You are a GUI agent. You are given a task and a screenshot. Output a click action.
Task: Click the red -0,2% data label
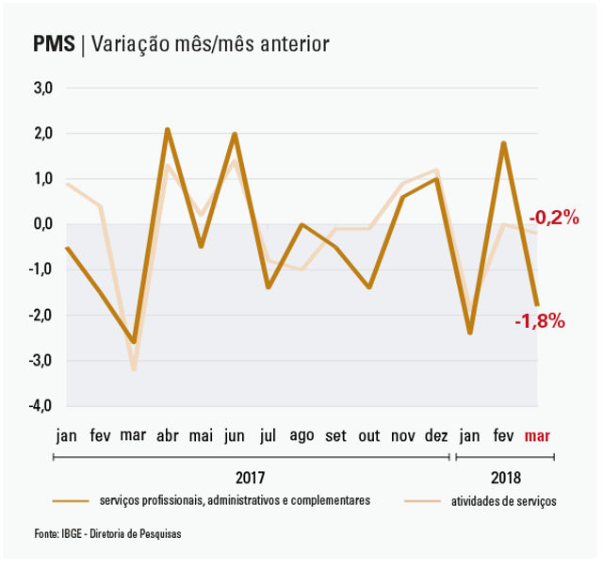[553, 218]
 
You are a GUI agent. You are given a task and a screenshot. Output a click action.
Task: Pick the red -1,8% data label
[540, 321]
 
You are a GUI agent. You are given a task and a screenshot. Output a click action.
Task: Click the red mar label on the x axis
[537, 436]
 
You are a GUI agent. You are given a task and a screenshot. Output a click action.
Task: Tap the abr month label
[167, 436]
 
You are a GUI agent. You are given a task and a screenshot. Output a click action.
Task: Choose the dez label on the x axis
[436, 436]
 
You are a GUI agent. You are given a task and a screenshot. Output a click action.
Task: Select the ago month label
[301, 436]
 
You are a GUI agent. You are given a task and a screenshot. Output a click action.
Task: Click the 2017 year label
[251, 477]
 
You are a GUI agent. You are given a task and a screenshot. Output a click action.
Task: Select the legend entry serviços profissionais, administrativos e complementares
[235, 501]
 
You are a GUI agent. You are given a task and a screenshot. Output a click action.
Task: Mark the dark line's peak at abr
[167, 129]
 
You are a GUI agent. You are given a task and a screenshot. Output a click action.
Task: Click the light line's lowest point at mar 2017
[134, 369]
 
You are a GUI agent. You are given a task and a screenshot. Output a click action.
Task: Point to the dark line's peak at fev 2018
[504, 143]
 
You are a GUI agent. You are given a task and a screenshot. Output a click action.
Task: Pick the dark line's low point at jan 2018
[469, 333]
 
